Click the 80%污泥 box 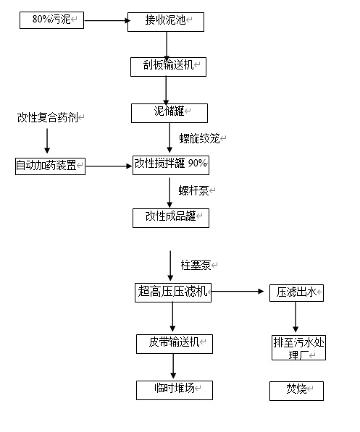(x=52, y=20)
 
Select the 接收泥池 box (x=165, y=22)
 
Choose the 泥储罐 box (x=169, y=113)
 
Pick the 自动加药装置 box (x=50, y=166)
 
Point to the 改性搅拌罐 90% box (x=171, y=164)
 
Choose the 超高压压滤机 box (x=173, y=292)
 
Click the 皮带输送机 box (x=175, y=343)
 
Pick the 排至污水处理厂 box (x=297, y=347)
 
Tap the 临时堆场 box (x=175, y=390)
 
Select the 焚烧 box (x=297, y=391)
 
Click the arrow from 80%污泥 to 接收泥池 (x=106, y=21)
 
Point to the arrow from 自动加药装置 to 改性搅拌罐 (x=109, y=166)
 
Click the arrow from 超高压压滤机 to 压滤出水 (x=239, y=292)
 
